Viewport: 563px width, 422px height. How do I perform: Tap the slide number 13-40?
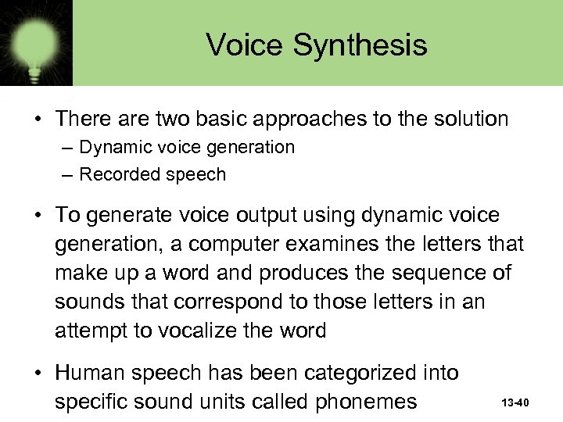(516, 403)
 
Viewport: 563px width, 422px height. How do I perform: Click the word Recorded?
(117, 175)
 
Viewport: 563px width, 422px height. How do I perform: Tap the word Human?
(94, 374)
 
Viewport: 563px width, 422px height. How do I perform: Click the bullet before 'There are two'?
(38, 120)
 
